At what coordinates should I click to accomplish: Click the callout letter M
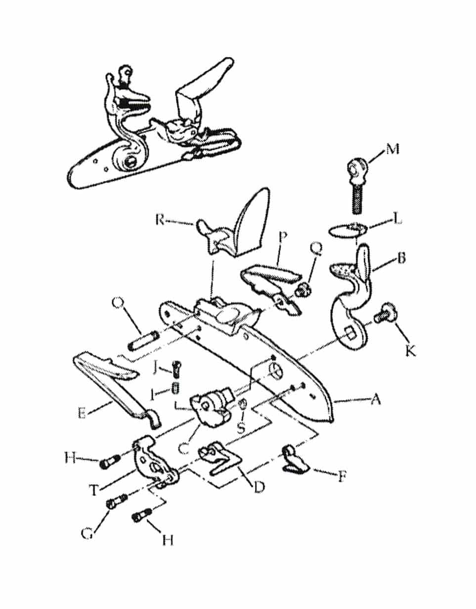pos(392,149)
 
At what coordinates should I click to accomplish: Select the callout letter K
pos(411,350)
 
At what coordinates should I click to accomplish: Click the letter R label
pos(161,219)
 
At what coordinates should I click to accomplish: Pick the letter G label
pos(87,534)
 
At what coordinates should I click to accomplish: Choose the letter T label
pos(94,490)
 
